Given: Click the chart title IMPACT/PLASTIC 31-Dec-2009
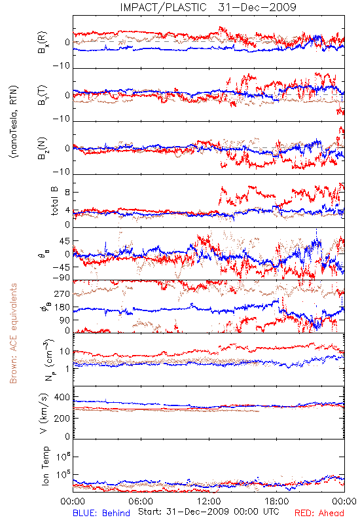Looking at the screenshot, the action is [x=207, y=7].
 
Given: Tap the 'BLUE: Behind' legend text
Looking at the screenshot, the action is [x=101, y=513].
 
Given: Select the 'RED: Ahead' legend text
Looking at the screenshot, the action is [x=319, y=513].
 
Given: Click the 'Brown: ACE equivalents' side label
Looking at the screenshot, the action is [x=13, y=333].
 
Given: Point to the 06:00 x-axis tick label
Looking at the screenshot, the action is [x=141, y=501].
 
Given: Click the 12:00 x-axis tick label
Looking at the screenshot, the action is [x=209, y=501].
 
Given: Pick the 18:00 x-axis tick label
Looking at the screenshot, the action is [x=277, y=501].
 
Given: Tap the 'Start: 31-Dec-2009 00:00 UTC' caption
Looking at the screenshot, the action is [x=208, y=512].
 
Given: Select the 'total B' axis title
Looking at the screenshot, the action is [x=54, y=201].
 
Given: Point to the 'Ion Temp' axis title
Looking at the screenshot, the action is [x=45, y=466].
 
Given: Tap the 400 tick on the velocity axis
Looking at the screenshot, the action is [x=62, y=397].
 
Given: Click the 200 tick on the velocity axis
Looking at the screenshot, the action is [x=62, y=418].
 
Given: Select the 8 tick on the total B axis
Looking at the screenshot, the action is [x=67, y=192].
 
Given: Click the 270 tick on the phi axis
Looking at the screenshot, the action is [x=62, y=293].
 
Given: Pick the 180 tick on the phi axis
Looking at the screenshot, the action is [x=62, y=307].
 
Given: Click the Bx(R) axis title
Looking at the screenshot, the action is [x=43, y=42].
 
